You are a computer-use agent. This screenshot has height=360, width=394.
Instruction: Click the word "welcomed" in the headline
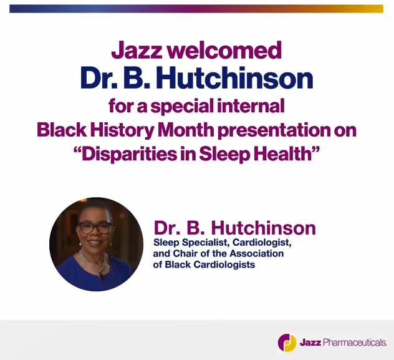tap(229, 50)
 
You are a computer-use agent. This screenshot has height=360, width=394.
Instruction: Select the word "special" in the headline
tap(186, 105)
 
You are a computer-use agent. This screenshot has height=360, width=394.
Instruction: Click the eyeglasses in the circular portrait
tap(95, 227)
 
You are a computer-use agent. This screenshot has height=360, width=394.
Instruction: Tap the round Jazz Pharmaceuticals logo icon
tap(287, 343)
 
